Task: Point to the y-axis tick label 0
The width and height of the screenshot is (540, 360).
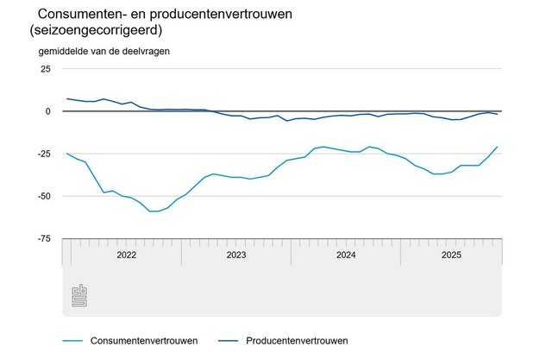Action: click(49, 111)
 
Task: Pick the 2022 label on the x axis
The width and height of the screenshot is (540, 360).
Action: click(126, 255)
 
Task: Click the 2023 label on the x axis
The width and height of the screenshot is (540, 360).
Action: click(235, 255)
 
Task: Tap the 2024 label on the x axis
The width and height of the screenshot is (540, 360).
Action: click(345, 255)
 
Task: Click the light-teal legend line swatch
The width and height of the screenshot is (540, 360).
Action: click(78, 339)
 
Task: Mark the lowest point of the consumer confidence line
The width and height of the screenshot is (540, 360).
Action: click(154, 211)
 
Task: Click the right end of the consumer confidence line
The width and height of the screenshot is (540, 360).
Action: click(498, 147)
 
